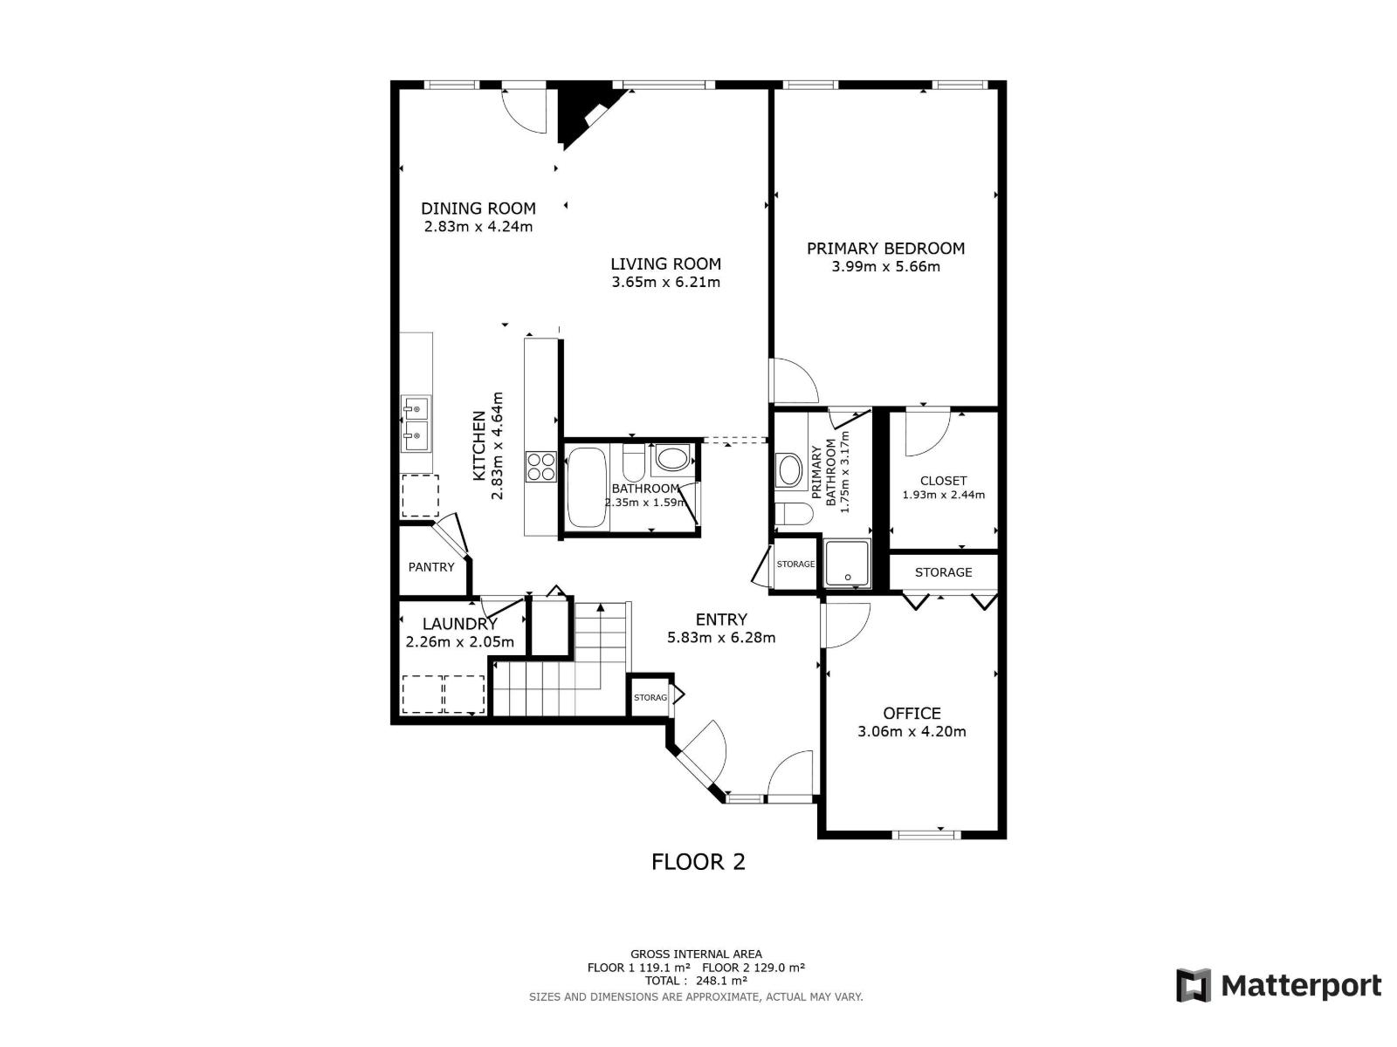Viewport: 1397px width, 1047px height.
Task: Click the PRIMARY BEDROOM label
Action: (x=885, y=249)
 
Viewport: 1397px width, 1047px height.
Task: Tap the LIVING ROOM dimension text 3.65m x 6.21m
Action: (x=665, y=283)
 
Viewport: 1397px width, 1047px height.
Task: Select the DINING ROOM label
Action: (x=478, y=209)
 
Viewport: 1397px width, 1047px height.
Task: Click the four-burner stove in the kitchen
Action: (x=540, y=466)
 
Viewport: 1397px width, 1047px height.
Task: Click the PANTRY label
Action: (x=431, y=567)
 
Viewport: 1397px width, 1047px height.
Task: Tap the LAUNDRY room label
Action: (x=459, y=624)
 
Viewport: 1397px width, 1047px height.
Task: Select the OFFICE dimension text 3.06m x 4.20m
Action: (x=912, y=732)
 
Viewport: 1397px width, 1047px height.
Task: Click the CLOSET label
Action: (x=943, y=481)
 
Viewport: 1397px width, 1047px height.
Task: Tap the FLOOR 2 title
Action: (x=698, y=862)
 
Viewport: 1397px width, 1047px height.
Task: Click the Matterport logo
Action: (x=1278, y=986)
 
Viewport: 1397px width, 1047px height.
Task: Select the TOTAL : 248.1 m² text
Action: (x=696, y=981)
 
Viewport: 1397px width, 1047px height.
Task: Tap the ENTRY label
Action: (x=721, y=619)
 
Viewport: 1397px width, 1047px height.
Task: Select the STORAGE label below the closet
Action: (x=943, y=572)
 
